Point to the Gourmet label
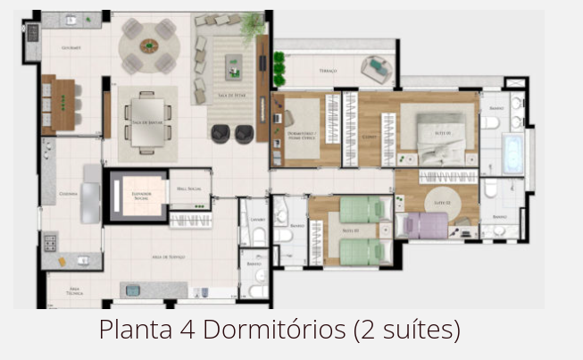tap(71, 47)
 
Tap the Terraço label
tap(329, 70)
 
